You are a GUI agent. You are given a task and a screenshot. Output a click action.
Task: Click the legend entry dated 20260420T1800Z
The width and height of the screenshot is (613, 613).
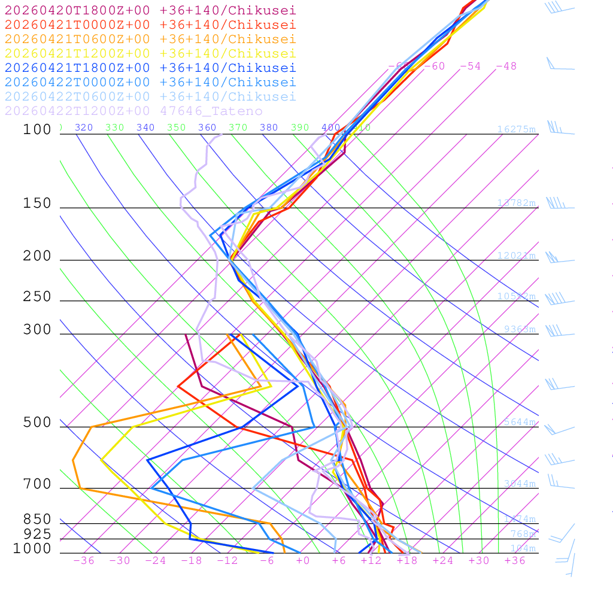tap(150, 10)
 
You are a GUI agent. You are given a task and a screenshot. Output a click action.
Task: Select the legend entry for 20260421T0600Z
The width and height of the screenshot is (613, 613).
tap(150, 39)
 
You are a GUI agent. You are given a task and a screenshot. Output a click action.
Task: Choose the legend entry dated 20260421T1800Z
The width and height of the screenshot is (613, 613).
tap(150, 68)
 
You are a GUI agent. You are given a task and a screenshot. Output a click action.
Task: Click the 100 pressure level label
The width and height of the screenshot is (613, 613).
tap(37, 129)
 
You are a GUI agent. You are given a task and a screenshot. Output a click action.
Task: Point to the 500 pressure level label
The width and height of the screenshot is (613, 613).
tap(37, 423)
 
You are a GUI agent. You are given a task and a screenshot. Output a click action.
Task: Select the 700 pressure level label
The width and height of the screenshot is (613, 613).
tap(37, 484)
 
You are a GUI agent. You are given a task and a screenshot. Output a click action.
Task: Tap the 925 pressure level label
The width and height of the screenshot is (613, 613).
tap(37, 534)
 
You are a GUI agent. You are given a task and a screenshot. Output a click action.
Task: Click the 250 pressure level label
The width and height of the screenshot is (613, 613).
tap(37, 297)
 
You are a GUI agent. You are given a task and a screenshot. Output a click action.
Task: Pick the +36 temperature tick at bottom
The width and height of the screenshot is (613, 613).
tap(515, 560)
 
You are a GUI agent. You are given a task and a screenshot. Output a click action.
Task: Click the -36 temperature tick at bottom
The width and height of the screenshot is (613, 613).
tap(84, 560)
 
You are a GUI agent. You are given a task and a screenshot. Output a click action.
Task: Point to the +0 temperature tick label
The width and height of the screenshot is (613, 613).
tap(303, 560)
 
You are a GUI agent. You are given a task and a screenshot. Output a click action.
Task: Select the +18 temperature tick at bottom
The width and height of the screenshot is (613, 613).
tap(407, 560)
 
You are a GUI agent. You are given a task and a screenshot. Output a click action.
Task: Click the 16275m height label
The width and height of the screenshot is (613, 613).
tap(516, 129)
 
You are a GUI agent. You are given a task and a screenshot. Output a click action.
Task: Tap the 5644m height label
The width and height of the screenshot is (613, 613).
tap(520, 422)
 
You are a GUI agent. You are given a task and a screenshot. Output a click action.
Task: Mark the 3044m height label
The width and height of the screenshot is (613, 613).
tap(520, 484)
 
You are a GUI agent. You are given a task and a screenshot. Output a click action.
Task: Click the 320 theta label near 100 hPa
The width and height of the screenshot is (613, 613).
tap(84, 128)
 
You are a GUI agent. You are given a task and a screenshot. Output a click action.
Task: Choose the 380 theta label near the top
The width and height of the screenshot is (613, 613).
tap(269, 128)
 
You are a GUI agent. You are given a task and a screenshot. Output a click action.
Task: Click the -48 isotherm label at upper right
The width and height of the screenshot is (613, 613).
tap(506, 66)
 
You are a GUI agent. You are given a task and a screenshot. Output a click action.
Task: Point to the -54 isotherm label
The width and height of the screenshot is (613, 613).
tap(470, 66)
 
